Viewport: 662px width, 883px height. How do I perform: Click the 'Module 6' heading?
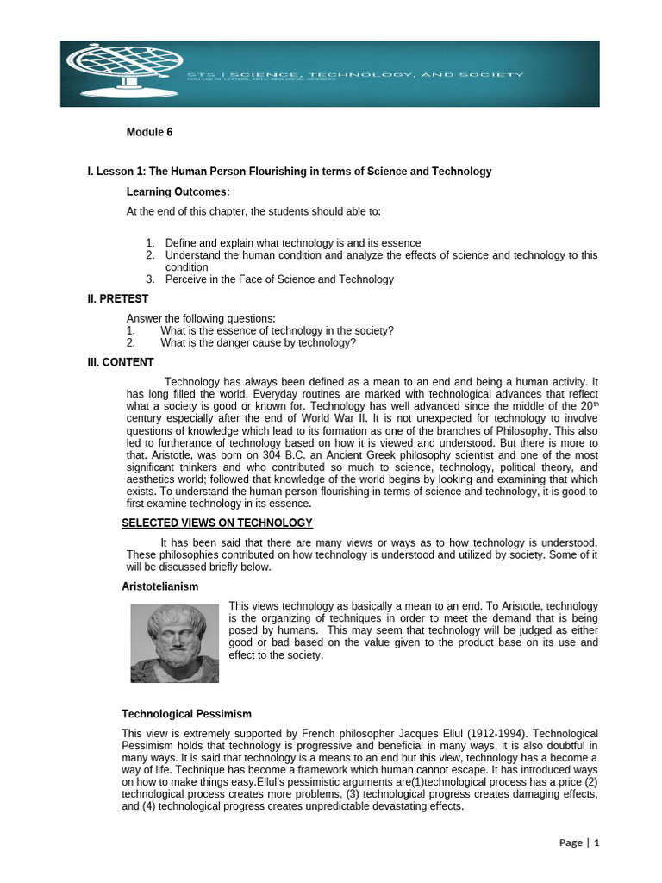[149, 132]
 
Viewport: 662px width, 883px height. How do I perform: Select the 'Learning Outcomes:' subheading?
[178, 191]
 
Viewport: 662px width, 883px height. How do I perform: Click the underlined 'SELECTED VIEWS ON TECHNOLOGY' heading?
[216, 523]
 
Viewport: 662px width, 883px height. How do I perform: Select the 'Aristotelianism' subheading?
[159, 586]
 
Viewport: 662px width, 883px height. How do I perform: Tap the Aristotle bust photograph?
[175, 642]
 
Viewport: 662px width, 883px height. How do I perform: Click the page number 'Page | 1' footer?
[578, 842]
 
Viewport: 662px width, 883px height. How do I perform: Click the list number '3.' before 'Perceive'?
[150, 279]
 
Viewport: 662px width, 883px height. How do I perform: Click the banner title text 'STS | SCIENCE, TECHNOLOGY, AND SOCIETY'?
[355, 75]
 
